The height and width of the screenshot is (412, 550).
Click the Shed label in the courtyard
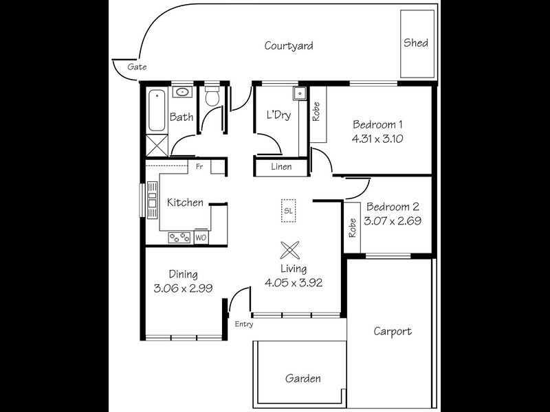point(415,43)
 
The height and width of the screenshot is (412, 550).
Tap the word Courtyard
point(289,46)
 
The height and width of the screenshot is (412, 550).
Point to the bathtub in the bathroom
point(157,110)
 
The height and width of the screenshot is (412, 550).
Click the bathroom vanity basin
point(183,91)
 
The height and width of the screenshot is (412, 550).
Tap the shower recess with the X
point(157,146)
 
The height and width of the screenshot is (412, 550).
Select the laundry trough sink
point(298,93)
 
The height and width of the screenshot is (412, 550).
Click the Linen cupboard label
point(280,167)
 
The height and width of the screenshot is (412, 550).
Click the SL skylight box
point(288,211)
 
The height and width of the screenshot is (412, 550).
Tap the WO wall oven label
point(201,238)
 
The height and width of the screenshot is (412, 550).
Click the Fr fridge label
point(199,167)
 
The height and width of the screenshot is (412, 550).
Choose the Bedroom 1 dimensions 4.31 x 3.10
point(377,138)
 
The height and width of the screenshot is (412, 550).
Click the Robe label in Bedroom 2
point(352,227)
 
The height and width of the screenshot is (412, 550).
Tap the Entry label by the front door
point(243,323)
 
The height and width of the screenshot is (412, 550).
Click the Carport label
point(393,332)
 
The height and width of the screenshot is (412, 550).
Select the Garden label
point(302,378)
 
